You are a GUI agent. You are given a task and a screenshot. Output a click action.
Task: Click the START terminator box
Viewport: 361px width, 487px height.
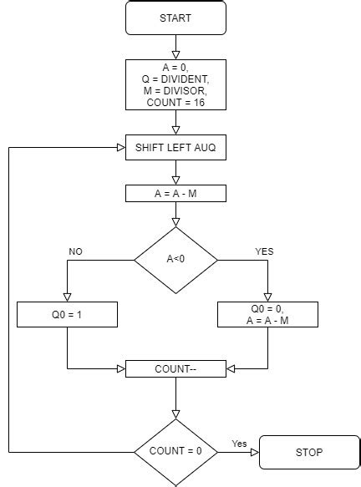pyautogui.click(x=175, y=18)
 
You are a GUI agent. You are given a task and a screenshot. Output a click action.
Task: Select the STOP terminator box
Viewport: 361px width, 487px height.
pyautogui.click(x=309, y=452)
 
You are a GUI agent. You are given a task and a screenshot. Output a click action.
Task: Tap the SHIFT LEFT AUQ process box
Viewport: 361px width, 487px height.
pyautogui.click(x=175, y=148)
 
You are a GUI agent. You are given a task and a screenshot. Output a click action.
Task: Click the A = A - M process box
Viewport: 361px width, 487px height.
pyautogui.click(x=175, y=193)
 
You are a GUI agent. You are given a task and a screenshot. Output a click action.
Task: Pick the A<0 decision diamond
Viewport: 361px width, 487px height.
pyautogui.click(x=175, y=259)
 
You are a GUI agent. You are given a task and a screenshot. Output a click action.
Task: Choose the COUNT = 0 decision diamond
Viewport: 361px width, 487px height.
pyautogui.click(x=175, y=452)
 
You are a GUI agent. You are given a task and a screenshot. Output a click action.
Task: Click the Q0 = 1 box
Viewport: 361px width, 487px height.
pyautogui.click(x=67, y=314)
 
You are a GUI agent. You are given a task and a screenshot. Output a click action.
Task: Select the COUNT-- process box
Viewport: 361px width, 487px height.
pyautogui.click(x=175, y=368)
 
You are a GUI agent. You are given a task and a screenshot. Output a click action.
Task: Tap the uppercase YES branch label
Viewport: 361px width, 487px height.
pyautogui.click(x=263, y=251)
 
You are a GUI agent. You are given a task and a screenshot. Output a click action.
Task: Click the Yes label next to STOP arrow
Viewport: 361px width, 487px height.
pyautogui.click(x=238, y=444)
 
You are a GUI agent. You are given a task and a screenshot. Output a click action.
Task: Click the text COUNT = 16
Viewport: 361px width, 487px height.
pyautogui.click(x=175, y=102)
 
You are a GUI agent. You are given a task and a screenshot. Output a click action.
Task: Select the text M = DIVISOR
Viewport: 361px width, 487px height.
pyautogui.click(x=175, y=90)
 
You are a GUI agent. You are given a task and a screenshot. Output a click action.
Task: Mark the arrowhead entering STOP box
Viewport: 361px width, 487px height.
pyautogui.click(x=255, y=452)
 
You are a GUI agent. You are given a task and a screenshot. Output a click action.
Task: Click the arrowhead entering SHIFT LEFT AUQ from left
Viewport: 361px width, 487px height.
pyautogui.click(x=120, y=148)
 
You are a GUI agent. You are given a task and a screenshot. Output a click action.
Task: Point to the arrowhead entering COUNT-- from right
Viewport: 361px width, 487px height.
pyautogui.click(x=231, y=368)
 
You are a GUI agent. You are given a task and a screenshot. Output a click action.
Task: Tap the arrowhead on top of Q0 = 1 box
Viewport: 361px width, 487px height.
pyautogui.click(x=67, y=297)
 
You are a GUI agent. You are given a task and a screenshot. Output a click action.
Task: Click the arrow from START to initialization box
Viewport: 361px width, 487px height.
pyautogui.click(x=175, y=47)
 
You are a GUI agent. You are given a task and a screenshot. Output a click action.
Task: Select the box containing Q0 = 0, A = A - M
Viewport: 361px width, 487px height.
pyautogui.click(x=267, y=314)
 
